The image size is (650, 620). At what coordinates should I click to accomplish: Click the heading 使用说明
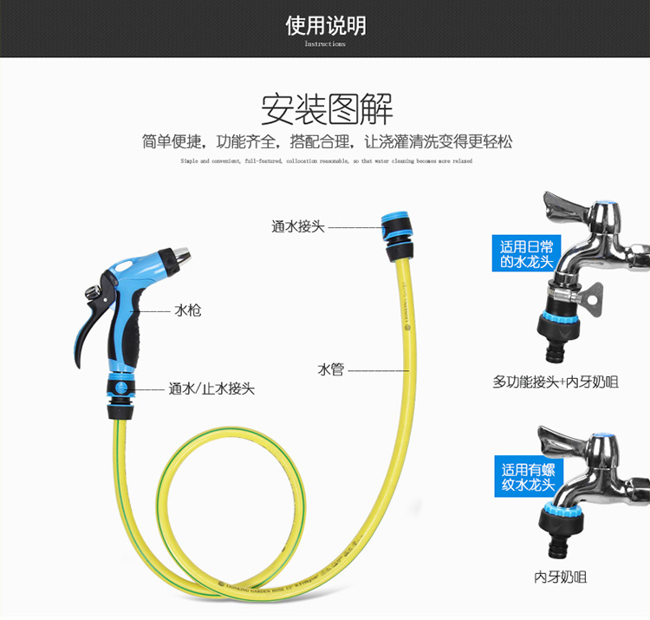325,25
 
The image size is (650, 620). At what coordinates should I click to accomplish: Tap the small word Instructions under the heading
325,43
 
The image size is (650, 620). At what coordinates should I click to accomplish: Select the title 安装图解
327,110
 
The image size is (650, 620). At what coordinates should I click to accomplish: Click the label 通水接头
297,227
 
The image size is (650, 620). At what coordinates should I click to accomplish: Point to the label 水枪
188,310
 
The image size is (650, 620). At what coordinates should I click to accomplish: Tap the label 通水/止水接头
211,389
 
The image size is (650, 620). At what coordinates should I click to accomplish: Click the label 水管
331,370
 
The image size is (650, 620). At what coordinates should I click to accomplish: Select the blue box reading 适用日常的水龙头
525,252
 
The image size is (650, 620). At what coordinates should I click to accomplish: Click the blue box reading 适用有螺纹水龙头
529,476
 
